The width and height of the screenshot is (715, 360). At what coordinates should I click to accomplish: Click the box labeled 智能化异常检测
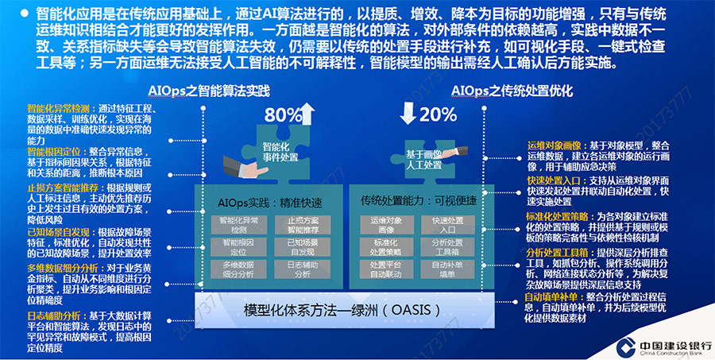pos(238,224)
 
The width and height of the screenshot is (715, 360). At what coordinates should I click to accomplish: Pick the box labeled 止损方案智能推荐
pos(301,224)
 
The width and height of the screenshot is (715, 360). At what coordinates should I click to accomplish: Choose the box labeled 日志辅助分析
pos(301,269)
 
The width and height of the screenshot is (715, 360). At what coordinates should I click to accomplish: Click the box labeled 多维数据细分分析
pos(238,269)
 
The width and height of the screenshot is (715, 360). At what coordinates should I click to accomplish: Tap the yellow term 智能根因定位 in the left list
pos(51,150)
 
